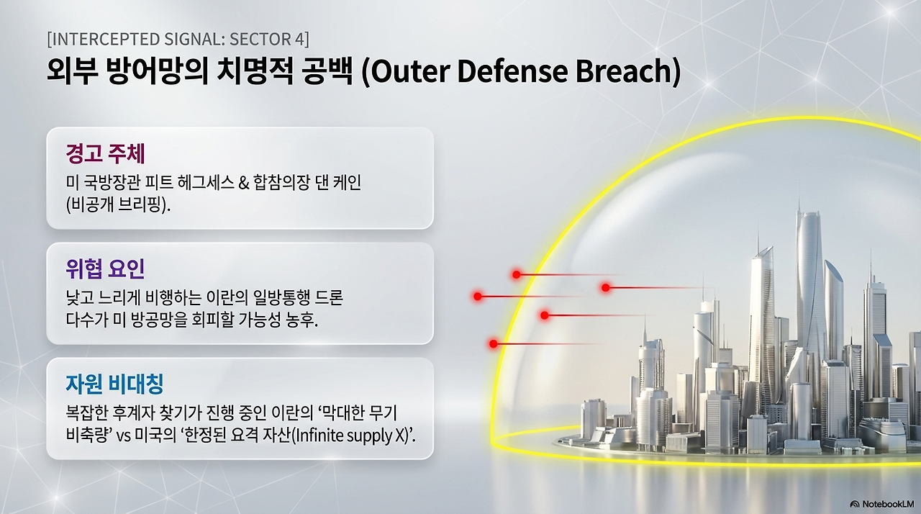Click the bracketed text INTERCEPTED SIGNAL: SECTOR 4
click(x=178, y=39)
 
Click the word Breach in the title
click(x=628, y=71)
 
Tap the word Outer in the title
click(x=410, y=71)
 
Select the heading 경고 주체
click(x=105, y=154)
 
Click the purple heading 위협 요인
click(x=105, y=269)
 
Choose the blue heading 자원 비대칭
click(x=114, y=384)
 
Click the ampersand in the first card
click(x=244, y=183)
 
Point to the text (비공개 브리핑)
click(x=118, y=204)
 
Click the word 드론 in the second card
click(x=329, y=297)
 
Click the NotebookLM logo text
click(x=888, y=504)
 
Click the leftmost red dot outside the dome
click(x=477, y=296)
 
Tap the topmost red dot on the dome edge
click(x=517, y=275)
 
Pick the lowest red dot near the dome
click(x=494, y=344)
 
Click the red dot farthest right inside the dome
click(x=605, y=288)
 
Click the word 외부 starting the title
click(x=72, y=71)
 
